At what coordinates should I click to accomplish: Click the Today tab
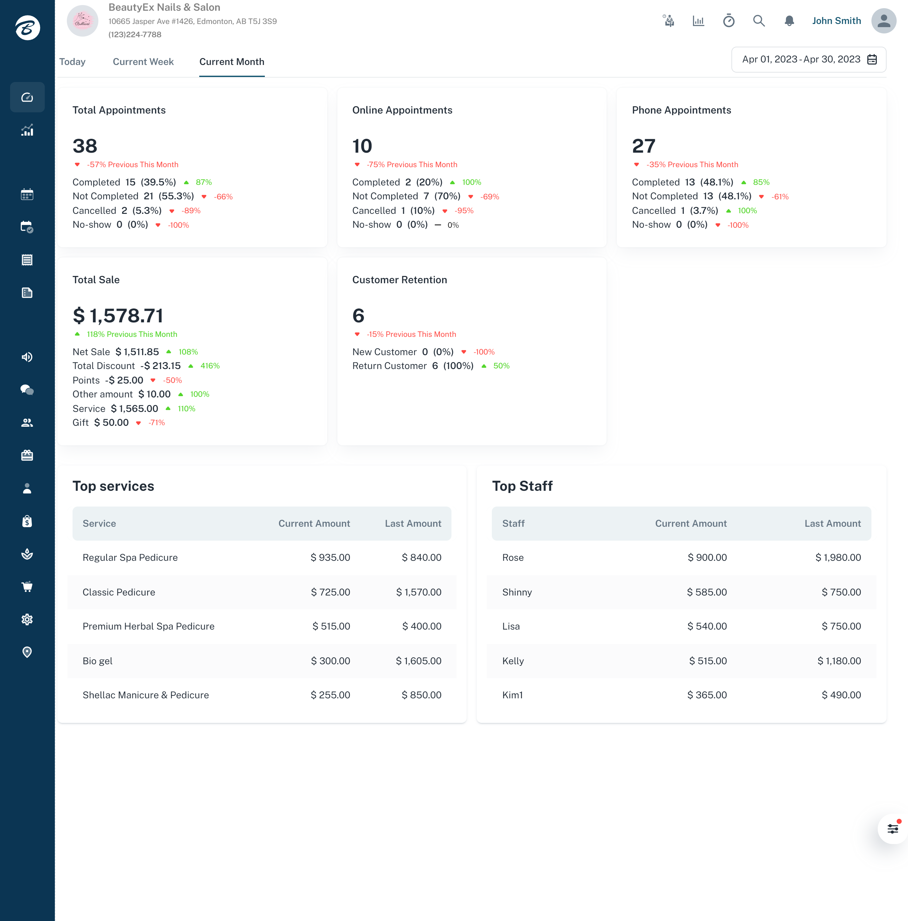73,62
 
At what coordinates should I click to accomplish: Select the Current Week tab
143,62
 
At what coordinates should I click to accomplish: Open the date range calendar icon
872,60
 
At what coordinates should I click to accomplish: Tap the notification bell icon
789,21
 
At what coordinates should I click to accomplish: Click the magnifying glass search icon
759,21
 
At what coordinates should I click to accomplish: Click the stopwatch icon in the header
728,21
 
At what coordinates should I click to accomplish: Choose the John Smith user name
836,21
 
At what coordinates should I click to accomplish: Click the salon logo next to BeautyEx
82,21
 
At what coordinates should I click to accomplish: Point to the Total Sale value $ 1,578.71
118,316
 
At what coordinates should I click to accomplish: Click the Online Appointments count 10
362,146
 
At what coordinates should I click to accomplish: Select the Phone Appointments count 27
643,146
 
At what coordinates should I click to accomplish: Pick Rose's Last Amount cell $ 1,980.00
838,558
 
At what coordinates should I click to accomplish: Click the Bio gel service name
98,661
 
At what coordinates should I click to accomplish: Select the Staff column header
513,524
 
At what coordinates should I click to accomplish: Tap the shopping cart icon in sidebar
27,587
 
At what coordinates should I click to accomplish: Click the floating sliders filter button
892,829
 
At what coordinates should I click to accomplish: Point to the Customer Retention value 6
358,316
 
